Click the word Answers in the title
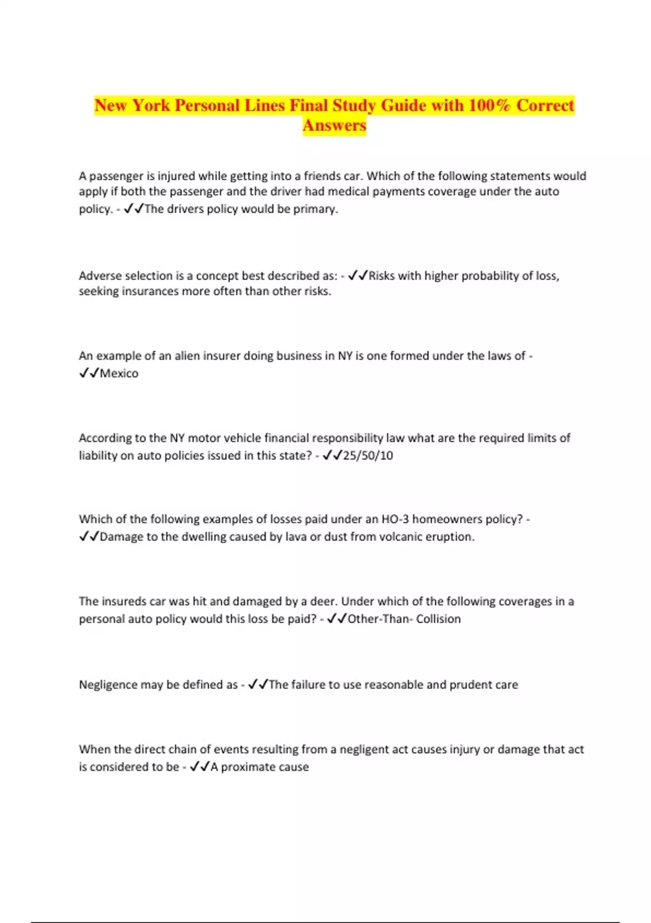pos(334,125)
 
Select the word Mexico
pos(119,374)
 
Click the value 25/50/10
pos(368,456)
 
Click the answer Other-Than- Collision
pos(404,619)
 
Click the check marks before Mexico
pos(88,373)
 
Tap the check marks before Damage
pos(88,536)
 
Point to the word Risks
pos(381,276)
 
